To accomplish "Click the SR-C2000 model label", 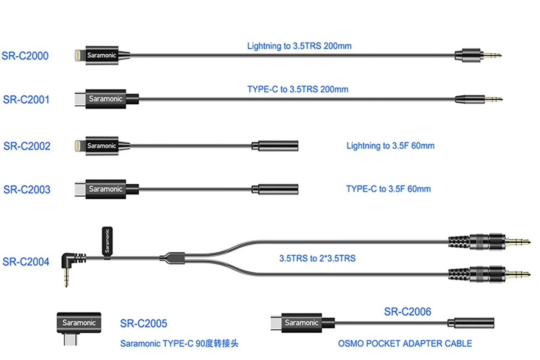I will [25, 56].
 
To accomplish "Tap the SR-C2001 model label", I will [26, 99].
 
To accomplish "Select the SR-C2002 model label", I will [27, 146].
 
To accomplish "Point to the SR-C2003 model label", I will [27, 189].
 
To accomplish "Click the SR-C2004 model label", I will [26, 261].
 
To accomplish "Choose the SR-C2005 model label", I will [143, 323].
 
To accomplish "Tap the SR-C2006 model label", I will [407, 311].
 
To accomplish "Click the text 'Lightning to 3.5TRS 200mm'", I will [299, 46].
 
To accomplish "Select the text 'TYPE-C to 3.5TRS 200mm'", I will [298, 89].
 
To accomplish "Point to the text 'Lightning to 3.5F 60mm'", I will [390, 146].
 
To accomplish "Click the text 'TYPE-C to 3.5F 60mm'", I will [388, 189].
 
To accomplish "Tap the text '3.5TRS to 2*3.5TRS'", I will [317, 258].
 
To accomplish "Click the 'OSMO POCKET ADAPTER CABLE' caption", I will [405, 343].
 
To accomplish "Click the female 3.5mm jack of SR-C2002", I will [277, 146].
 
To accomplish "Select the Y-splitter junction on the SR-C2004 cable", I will [173, 257].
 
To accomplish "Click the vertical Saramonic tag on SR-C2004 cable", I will [107, 240].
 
